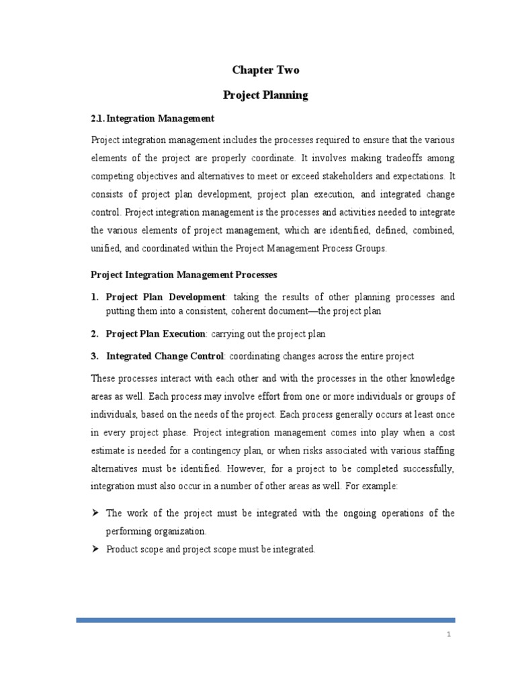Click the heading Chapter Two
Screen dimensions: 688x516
coord(265,70)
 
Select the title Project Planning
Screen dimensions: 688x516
coord(265,95)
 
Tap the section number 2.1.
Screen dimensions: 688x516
coord(98,118)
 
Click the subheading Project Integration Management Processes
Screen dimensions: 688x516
coord(183,275)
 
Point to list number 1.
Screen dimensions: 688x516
coord(94,296)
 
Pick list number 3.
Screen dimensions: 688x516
coord(94,355)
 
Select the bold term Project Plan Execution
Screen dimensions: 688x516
coord(156,333)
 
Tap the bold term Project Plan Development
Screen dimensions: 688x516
coord(165,296)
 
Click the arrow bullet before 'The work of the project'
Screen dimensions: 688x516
coord(95,513)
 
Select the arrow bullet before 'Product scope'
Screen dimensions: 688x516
coord(95,549)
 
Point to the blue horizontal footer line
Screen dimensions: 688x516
coord(265,620)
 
